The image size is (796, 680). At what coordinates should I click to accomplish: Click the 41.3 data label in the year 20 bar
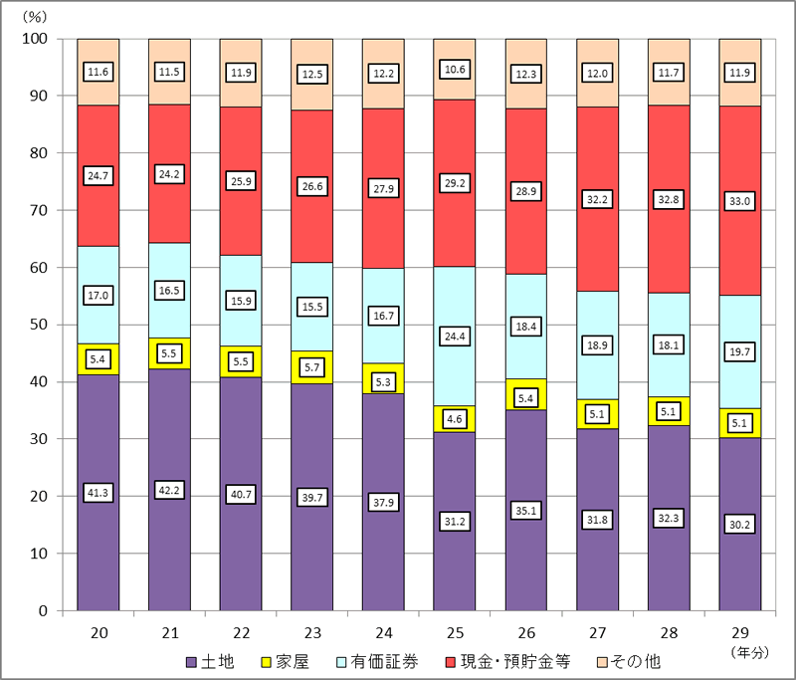[99, 493]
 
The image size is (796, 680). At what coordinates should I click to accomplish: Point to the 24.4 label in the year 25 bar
[455, 337]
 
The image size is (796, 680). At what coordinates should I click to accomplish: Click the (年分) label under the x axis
[751, 652]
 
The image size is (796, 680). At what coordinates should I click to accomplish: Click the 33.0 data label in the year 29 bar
[739, 201]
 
